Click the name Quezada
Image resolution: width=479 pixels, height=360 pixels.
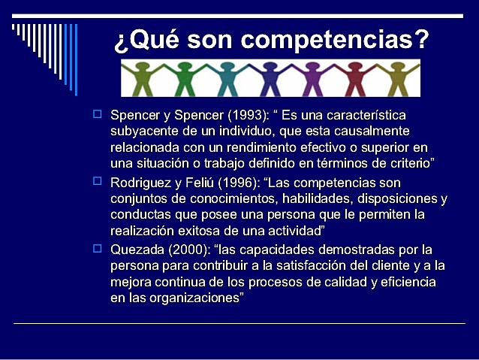click(137, 250)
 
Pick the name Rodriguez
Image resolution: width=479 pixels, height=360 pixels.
click(141, 183)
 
